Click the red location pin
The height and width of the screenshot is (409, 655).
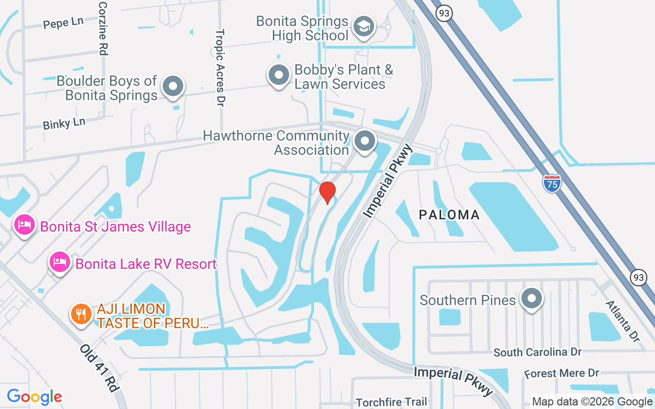click(x=327, y=192)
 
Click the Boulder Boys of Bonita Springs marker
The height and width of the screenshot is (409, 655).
click(x=173, y=86)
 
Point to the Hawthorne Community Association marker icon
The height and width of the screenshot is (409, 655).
click(x=365, y=141)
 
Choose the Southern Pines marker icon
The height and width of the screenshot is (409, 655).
click(x=532, y=298)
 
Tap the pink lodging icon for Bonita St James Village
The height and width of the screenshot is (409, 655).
click(x=25, y=225)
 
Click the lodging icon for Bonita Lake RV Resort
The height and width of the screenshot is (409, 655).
click(x=60, y=262)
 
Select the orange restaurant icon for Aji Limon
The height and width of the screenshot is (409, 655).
click(x=81, y=313)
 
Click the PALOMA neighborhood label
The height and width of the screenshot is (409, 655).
click(x=449, y=215)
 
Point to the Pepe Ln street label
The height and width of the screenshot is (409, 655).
click(x=63, y=24)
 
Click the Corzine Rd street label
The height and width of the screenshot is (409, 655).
click(x=103, y=28)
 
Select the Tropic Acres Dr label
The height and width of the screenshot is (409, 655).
click(x=220, y=67)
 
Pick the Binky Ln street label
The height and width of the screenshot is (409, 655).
click(x=64, y=123)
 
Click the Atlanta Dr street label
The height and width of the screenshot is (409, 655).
click(x=622, y=321)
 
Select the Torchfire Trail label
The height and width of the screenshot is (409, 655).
click(x=391, y=402)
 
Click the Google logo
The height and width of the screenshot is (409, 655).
click(x=34, y=396)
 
